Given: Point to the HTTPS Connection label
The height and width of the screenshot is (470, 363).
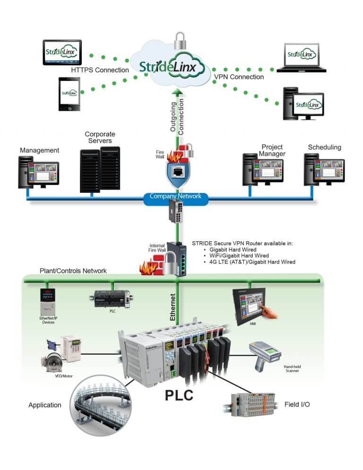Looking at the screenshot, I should (x=100, y=70).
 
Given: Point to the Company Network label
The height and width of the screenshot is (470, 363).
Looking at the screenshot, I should (x=175, y=196).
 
